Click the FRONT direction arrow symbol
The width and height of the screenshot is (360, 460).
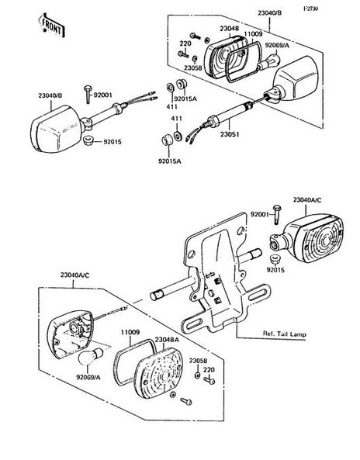coord(52,26)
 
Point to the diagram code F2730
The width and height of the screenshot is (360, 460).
coord(310,9)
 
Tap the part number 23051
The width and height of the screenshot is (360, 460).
coord(230,135)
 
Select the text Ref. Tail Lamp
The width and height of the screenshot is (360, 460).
coord(284,334)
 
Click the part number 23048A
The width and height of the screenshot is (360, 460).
coord(167,340)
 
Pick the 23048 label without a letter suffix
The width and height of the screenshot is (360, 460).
coord(230,29)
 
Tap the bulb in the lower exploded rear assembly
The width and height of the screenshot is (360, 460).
coord(90,356)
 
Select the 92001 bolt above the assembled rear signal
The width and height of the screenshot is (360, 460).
coord(277,214)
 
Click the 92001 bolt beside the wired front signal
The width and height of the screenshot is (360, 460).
coord(88,94)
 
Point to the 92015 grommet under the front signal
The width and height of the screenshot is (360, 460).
coord(88,140)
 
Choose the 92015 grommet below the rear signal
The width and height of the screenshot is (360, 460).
coord(275,260)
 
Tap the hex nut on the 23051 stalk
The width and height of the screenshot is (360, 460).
coord(213,121)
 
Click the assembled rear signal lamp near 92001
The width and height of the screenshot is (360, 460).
coord(306,237)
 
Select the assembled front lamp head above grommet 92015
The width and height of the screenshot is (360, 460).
coord(56,129)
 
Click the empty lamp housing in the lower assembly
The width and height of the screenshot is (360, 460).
coord(71,334)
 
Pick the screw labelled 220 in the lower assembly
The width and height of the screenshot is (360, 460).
coord(209,381)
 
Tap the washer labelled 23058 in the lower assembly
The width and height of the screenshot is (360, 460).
coord(198,375)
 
